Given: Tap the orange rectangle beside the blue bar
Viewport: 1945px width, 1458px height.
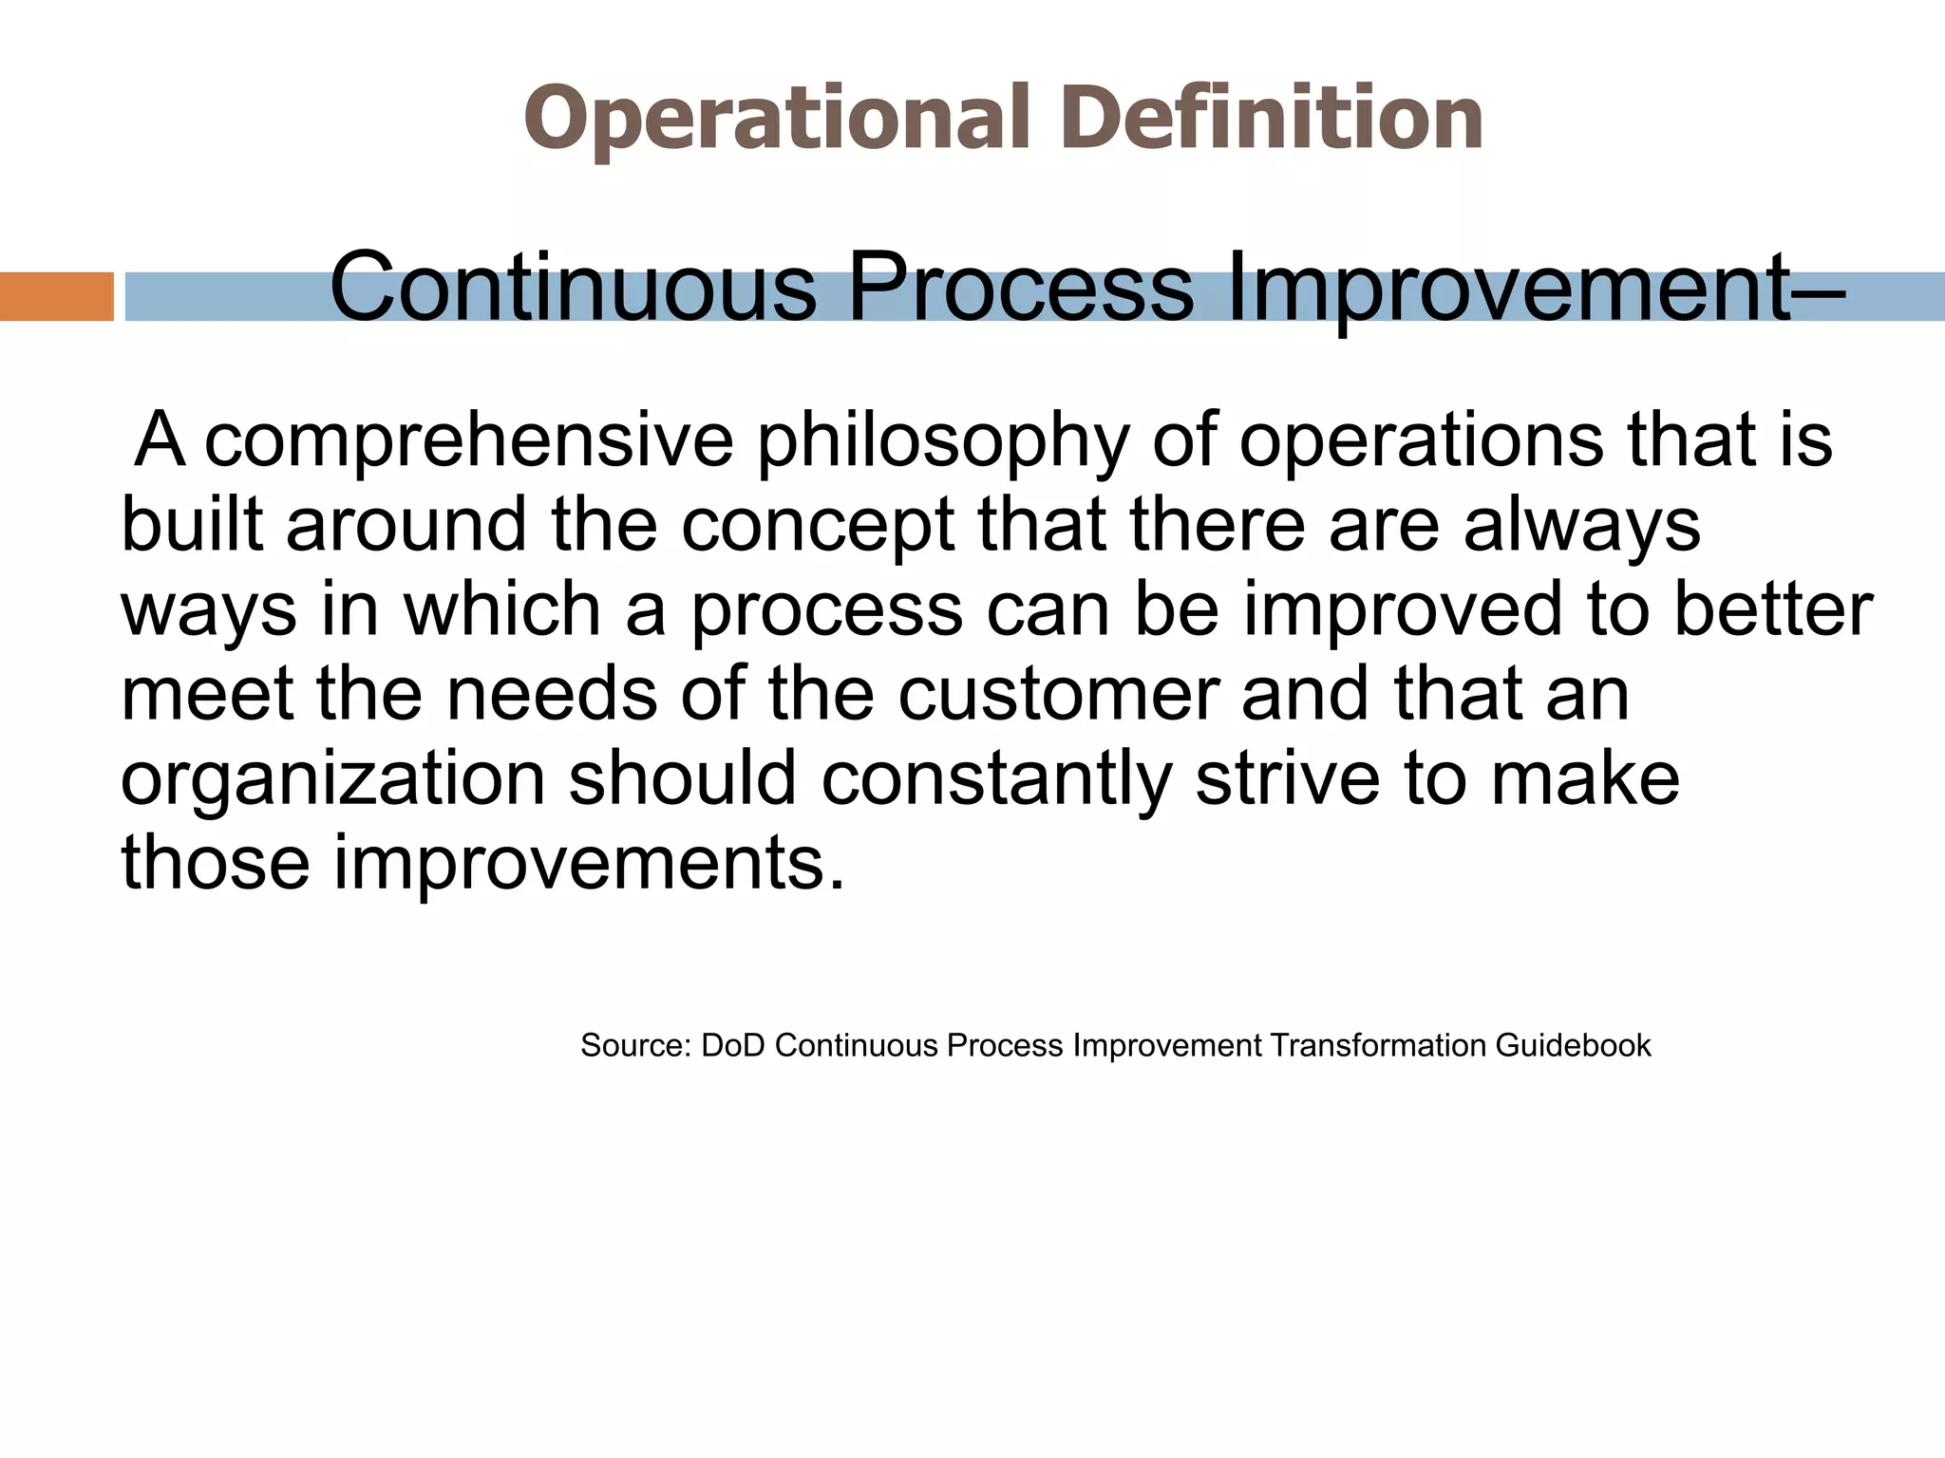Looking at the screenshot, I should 56,297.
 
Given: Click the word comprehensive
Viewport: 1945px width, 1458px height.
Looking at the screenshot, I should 469,441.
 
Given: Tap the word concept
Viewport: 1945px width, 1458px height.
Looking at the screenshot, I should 818,527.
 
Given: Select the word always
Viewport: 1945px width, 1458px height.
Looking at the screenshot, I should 1581,527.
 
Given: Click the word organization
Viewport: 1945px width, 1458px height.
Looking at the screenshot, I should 332,779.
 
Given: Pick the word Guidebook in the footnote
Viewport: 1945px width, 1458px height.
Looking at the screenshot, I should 1573,1046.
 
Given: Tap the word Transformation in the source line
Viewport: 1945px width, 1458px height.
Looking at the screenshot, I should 1377,1046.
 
